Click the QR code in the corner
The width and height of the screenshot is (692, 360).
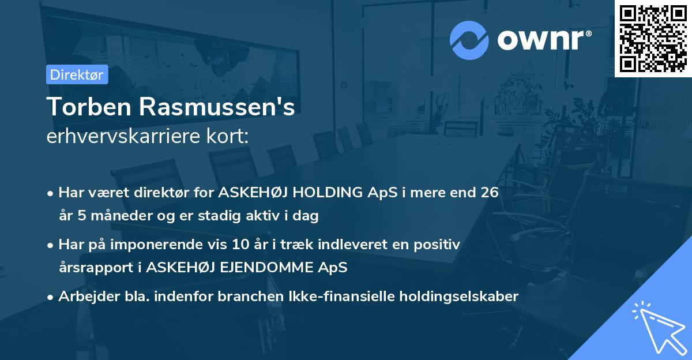(x=653, y=38)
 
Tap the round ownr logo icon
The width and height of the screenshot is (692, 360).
(x=469, y=39)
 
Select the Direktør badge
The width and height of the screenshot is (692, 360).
(x=77, y=74)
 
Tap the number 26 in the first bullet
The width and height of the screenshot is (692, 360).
(x=488, y=193)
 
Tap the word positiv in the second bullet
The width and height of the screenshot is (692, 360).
(x=438, y=245)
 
